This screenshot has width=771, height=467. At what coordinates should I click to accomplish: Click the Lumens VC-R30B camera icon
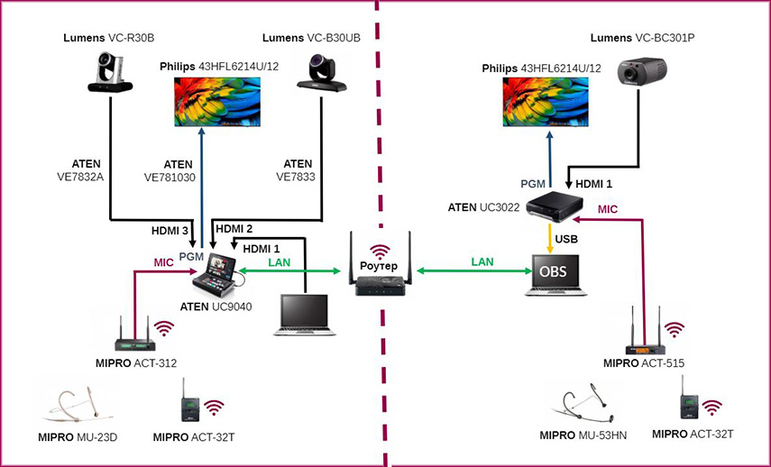click(110, 72)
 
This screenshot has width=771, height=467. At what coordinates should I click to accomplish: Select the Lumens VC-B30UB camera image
click(322, 73)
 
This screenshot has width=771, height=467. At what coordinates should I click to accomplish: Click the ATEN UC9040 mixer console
click(219, 275)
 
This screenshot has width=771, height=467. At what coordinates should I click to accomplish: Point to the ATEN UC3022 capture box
click(555, 204)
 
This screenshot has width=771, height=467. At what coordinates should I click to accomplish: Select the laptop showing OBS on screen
click(555, 275)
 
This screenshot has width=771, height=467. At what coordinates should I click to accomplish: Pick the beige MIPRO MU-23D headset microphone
click(78, 407)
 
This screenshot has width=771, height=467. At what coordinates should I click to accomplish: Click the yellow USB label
click(566, 239)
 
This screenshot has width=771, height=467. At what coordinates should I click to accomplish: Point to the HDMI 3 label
click(170, 231)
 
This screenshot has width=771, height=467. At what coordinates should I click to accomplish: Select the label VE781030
click(170, 178)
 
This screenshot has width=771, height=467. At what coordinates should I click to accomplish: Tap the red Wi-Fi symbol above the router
click(380, 252)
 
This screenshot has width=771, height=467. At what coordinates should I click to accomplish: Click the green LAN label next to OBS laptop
click(482, 262)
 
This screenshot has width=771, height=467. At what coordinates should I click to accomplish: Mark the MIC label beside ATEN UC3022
click(607, 209)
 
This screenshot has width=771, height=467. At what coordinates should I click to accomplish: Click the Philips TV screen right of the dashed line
click(546, 102)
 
